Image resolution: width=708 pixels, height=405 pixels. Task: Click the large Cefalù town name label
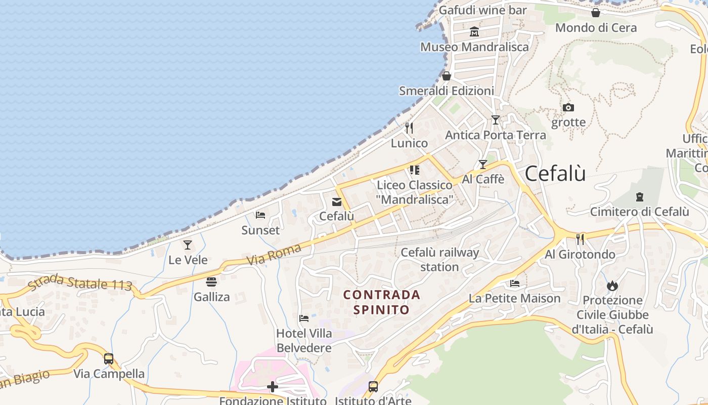click(x=555, y=174)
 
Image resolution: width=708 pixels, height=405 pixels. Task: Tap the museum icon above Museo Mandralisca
click(x=474, y=32)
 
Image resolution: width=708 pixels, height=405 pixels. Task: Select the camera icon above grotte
click(x=568, y=107)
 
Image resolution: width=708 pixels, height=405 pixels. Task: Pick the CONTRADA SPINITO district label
click(x=381, y=302)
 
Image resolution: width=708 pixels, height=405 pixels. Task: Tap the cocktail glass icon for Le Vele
click(x=188, y=245)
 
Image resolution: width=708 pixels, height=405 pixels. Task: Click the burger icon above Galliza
click(x=211, y=282)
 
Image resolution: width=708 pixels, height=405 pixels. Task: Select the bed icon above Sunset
click(x=260, y=215)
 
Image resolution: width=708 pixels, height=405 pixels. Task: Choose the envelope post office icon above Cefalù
click(x=336, y=202)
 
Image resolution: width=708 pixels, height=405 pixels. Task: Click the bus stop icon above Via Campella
click(x=109, y=359)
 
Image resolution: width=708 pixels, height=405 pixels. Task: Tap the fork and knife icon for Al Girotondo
click(x=580, y=239)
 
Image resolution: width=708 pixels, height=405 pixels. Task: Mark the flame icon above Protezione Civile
click(x=612, y=286)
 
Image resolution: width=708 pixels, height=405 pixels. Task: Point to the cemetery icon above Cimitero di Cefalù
click(x=639, y=196)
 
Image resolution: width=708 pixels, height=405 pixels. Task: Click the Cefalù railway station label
click(x=439, y=259)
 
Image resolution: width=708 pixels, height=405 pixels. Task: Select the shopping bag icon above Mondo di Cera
click(x=596, y=13)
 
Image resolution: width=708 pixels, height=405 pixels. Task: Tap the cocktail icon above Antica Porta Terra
click(x=495, y=120)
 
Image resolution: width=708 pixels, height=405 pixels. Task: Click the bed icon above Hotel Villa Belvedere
click(x=303, y=318)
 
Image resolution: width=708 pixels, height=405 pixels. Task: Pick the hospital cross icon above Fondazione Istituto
click(x=273, y=387)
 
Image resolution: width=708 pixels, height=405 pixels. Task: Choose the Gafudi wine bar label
click(x=482, y=10)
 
